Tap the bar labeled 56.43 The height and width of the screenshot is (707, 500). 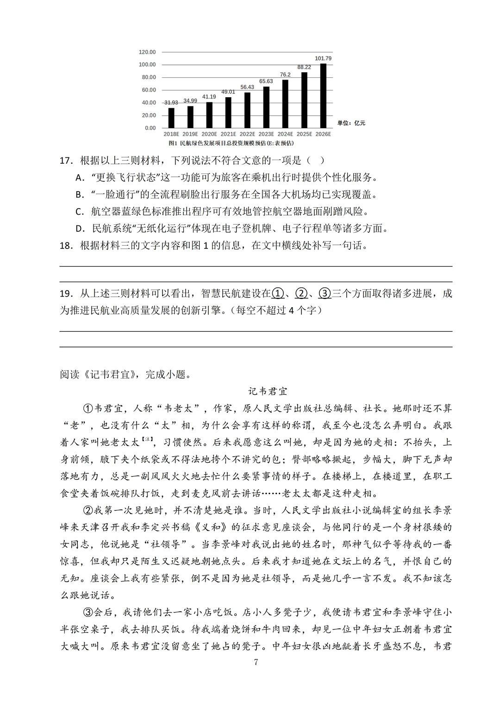pyautogui.click(x=247, y=110)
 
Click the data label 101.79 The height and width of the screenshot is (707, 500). pyautogui.click(x=323, y=58)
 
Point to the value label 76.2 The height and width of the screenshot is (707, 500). pyautogui.click(x=285, y=74)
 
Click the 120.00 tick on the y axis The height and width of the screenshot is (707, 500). pyautogui.click(x=147, y=52)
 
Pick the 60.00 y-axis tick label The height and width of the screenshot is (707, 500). pyautogui.click(x=149, y=90)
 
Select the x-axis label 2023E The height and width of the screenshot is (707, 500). pyautogui.click(x=266, y=134)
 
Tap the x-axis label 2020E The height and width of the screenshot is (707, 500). pyautogui.click(x=209, y=134)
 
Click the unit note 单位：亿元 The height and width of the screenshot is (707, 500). pyautogui.click(x=351, y=123)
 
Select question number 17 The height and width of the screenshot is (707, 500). pyautogui.click(x=67, y=161)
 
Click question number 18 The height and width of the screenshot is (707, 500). pyautogui.click(x=67, y=245)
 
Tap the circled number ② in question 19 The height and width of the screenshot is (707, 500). pyautogui.click(x=301, y=293)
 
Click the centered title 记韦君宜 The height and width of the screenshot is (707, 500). pyautogui.click(x=268, y=391)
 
